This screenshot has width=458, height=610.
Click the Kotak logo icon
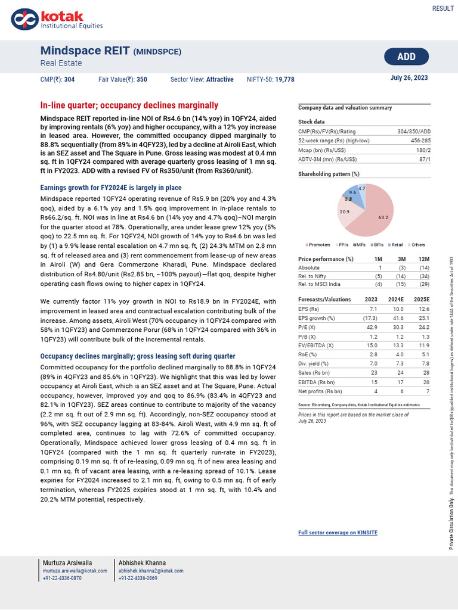tap(24, 19)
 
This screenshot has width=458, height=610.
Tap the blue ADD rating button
tap(406, 57)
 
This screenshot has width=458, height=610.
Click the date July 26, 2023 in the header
tap(409, 78)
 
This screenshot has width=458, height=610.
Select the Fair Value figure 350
tap(141, 79)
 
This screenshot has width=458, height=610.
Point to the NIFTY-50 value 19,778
tap(285, 79)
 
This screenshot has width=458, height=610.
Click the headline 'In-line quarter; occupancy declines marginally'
tap(129, 105)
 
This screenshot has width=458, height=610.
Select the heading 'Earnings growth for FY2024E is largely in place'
tap(110, 188)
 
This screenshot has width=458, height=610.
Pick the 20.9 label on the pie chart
tap(345, 212)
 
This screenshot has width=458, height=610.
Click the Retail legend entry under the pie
tap(398, 245)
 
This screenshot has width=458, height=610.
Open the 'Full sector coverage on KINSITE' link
tap(338, 533)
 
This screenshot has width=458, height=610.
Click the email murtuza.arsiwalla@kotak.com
tap(75, 571)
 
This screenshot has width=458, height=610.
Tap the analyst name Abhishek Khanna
tap(142, 563)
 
